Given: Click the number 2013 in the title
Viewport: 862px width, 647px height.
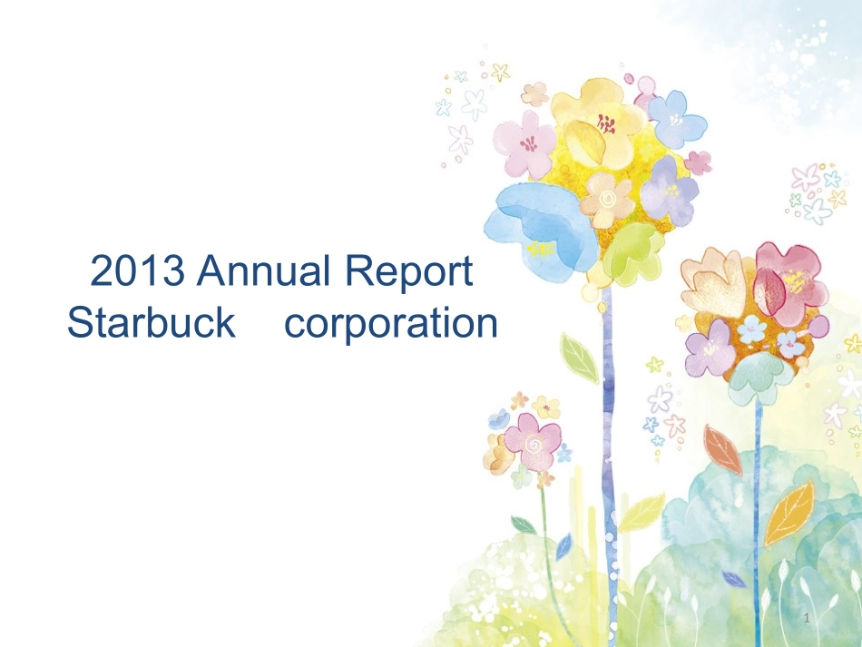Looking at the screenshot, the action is pos(137,270).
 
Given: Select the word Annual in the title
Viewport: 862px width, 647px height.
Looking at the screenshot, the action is pos(264,270).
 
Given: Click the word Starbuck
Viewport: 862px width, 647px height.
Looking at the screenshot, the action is pos(152,322).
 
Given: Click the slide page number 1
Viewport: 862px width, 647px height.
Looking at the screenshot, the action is pos(807,618).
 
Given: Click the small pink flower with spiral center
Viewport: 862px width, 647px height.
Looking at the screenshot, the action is pos(532,441).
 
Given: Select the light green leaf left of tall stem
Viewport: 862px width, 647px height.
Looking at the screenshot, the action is pos(580,358).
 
